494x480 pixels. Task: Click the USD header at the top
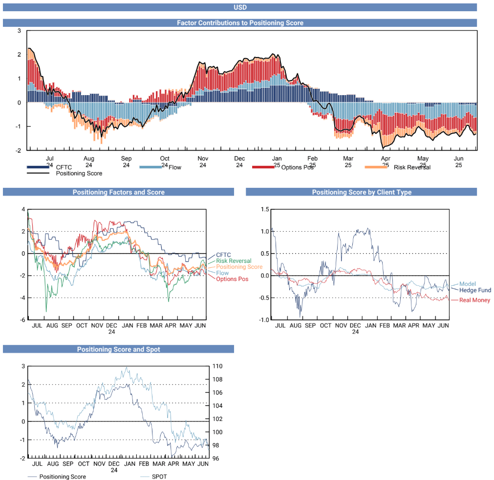pos(239,7)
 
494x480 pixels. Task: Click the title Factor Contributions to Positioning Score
pos(239,23)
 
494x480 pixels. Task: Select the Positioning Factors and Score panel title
pos(118,192)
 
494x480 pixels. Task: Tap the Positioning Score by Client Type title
pos(362,192)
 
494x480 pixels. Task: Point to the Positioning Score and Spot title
pos(118,349)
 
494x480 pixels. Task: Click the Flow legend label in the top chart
pos(175,167)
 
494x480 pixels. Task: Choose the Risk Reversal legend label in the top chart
pos(411,167)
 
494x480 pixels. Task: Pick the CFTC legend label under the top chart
pos(64,167)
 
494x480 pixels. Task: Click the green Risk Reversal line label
pos(234,261)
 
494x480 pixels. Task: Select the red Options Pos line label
pos(232,279)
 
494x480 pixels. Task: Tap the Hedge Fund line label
pos(475,290)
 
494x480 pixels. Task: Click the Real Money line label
pos(474,300)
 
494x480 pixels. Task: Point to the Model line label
pos(467,284)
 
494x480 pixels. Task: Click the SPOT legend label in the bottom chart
pos(159,477)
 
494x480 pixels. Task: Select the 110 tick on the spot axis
pos(217,366)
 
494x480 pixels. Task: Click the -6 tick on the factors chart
pos(22,320)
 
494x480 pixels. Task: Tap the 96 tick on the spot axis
pos(215,459)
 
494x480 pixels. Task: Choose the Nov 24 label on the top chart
pos(203,162)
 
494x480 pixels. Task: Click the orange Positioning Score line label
pos(238,267)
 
